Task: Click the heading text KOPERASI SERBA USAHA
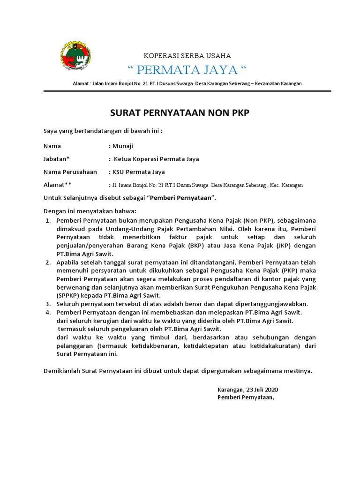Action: [x=187, y=56]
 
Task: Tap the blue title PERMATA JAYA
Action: [x=187, y=70]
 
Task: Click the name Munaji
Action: [x=123, y=146]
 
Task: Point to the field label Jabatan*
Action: [x=57, y=159]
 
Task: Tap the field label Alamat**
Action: [x=58, y=185]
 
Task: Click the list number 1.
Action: [x=47, y=220]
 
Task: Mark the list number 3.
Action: [x=47, y=304]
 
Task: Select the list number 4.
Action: [x=47, y=312]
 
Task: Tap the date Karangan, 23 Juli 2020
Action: [x=247, y=390]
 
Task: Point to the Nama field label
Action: [x=52, y=146]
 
